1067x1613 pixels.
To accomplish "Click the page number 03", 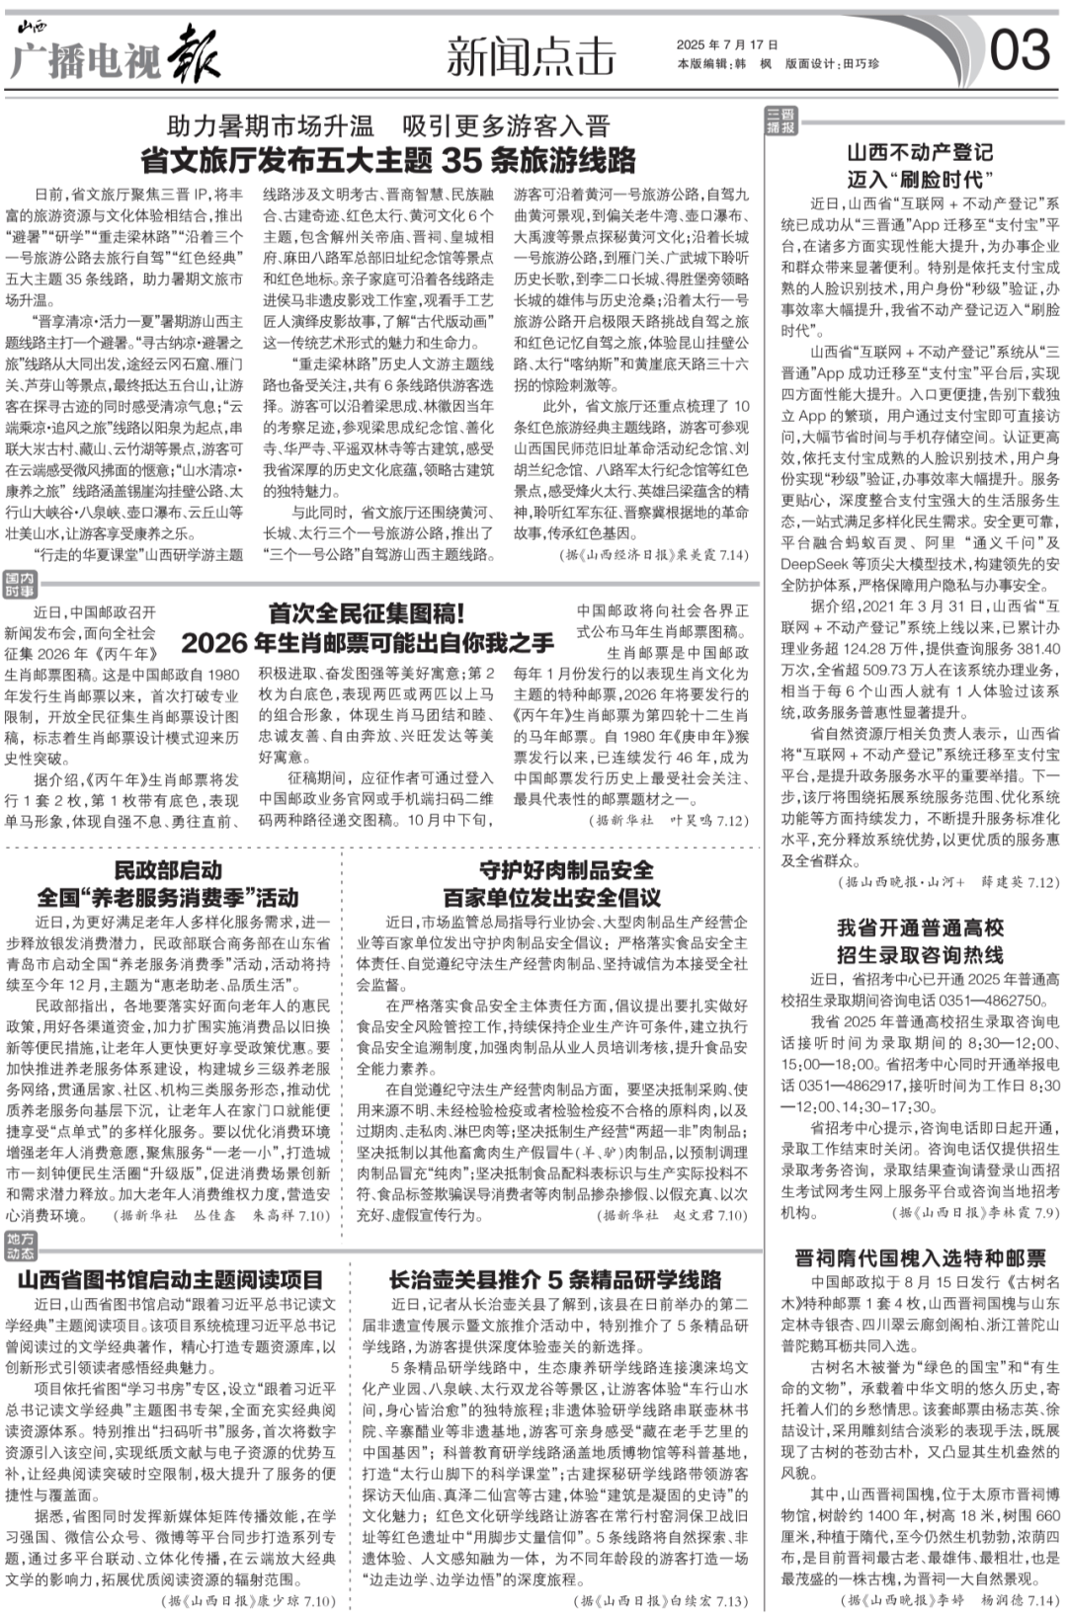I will (x=1019, y=49).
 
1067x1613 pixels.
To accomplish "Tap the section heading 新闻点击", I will (x=531, y=55).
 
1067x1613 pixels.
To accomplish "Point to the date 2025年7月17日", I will (x=727, y=44).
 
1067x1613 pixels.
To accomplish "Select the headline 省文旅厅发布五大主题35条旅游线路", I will (x=388, y=160).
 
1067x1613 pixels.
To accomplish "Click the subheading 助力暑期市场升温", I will (x=270, y=126).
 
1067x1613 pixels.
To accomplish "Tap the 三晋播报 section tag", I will (x=780, y=121).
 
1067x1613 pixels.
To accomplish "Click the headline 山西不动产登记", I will (x=920, y=152).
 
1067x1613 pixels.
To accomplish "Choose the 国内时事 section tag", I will (x=19, y=584).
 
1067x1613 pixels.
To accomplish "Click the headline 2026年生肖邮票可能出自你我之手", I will (x=367, y=643).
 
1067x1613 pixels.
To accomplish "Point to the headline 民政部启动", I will (x=168, y=870).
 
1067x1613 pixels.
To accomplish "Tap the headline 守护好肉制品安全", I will (x=552, y=870).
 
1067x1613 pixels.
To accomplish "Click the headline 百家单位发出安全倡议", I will (x=552, y=898).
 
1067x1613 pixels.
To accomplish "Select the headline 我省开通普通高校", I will (x=920, y=927).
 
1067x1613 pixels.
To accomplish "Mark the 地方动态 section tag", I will (x=19, y=1246).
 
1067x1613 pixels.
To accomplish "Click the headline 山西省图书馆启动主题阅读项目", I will (x=170, y=1280).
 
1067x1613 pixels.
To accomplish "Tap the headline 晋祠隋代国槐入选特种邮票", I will (x=920, y=1257).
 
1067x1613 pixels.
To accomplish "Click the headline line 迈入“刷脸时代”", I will (x=920, y=179).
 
